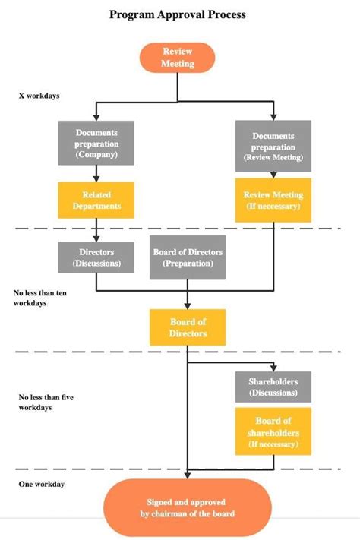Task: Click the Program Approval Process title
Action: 178,14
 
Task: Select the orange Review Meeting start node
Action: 178,58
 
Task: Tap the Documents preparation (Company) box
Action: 96,143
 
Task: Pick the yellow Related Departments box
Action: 96,201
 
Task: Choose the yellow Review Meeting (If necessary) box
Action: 273,201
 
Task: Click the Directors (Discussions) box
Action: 96,257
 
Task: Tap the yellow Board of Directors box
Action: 188,327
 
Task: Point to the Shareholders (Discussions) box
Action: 273,387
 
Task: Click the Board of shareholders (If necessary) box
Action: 273,431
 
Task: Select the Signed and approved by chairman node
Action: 187,507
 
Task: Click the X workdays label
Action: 39,96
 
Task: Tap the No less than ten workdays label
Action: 40,297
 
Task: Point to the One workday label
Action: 41,484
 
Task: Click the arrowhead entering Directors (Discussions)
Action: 96,238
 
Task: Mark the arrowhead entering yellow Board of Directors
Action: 188,306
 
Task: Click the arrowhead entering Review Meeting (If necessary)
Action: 273,175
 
